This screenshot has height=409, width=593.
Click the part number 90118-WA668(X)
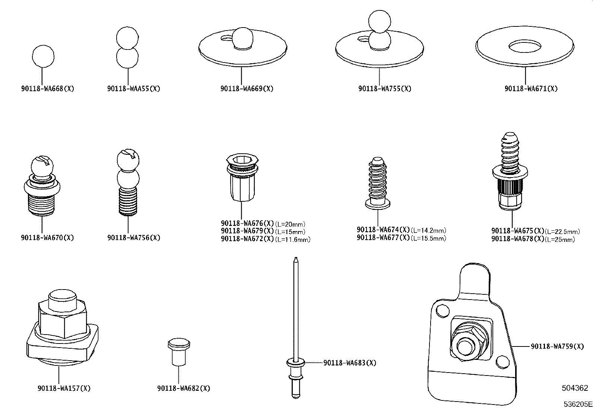[x=48, y=89]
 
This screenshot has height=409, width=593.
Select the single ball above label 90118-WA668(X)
[x=43, y=56]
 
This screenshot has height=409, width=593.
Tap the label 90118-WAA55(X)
[x=134, y=89]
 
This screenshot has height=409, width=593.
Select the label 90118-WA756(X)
[x=134, y=238]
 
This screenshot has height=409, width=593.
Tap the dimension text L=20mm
[x=290, y=224]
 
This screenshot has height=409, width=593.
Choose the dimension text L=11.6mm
[x=293, y=239]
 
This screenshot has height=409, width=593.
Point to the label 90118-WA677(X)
[x=383, y=238]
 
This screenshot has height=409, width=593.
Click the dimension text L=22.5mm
[x=562, y=231]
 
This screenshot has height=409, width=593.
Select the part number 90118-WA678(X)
[x=518, y=239]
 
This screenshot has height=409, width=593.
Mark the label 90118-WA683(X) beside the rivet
[x=350, y=363]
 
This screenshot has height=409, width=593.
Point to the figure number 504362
[x=575, y=388]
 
